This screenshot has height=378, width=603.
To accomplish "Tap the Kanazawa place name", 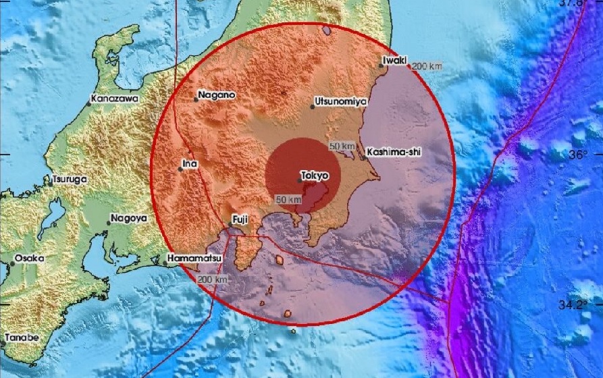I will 115,99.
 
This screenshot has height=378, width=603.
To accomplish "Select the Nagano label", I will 217,95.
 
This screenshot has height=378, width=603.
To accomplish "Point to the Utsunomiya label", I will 341,101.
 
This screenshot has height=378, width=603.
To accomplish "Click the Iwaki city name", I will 394,60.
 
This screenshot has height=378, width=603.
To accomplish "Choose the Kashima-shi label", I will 394,153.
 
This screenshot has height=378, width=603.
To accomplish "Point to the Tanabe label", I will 22,337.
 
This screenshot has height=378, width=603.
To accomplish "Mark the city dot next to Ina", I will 180,169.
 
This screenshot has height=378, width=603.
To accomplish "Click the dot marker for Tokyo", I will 300,180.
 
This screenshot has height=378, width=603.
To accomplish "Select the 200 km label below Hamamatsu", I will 212,279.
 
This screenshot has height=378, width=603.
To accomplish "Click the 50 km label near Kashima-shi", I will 342,146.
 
